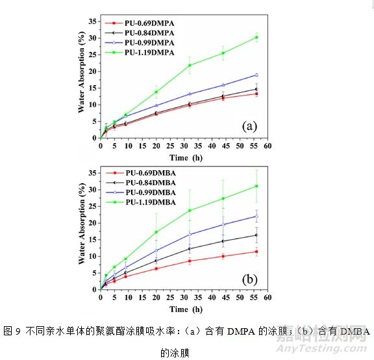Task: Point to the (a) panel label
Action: coord(249,125)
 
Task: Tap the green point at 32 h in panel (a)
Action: coord(190,65)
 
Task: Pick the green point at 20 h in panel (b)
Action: coord(156,232)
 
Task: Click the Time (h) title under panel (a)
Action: coord(179,158)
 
